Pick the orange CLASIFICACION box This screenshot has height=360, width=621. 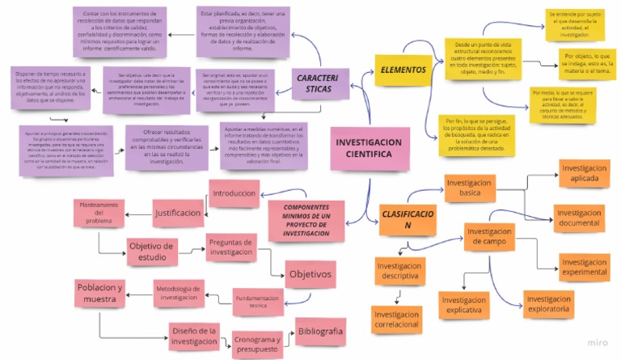point(408,219)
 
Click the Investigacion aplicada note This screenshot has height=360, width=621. point(584,173)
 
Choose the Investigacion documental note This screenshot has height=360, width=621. point(578,218)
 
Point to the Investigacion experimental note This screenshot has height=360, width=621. point(584,267)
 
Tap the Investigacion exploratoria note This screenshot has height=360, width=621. point(548,303)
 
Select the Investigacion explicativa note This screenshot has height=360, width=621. point(463,305)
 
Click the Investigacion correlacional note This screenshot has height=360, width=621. point(396,319)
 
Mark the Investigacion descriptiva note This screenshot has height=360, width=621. point(400,270)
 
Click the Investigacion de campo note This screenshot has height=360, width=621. point(489,236)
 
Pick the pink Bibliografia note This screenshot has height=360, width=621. point(320,332)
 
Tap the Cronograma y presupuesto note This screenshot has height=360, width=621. point(256,345)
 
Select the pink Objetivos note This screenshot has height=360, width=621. point(310,275)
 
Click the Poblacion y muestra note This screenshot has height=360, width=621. point(100,294)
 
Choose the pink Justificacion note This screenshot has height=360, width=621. point(178,213)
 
